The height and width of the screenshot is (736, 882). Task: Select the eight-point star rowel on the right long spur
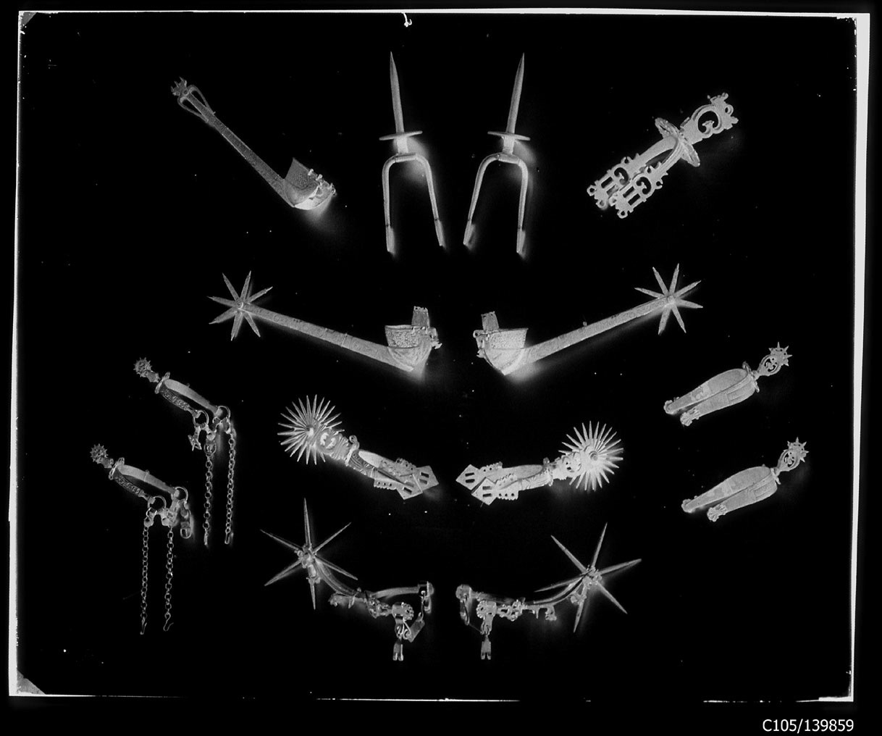672,298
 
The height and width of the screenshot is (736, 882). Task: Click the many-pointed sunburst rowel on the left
310,430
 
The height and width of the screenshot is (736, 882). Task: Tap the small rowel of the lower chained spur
100,454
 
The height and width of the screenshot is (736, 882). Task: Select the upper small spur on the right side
725,388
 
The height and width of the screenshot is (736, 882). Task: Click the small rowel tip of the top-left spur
177,90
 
